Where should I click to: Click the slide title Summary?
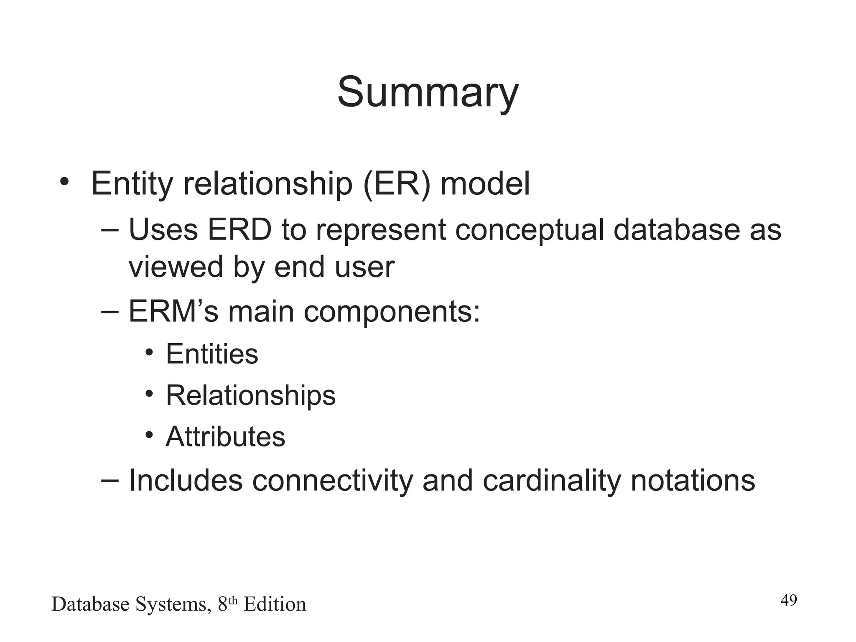click(428, 93)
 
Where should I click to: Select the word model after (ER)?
click(485, 184)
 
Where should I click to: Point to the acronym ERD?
click(239, 230)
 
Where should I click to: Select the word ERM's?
click(173, 312)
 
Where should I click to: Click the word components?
click(392, 313)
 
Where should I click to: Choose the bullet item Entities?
click(212, 354)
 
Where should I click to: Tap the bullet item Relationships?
click(250, 395)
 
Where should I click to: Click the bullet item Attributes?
click(225, 437)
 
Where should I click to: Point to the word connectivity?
click(332, 481)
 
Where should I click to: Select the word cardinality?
click(552, 481)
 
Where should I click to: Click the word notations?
click(693, 481)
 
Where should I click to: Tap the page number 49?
click(789, 601)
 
